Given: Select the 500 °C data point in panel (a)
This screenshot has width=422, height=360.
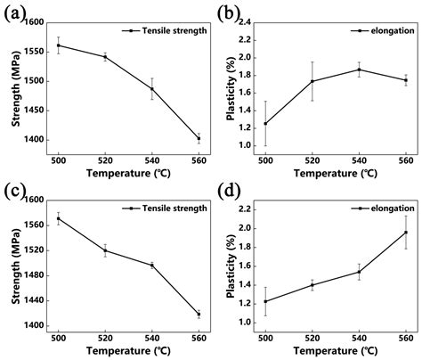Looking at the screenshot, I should click(x=59, y=45).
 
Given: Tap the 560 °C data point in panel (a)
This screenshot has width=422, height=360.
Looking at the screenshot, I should click(x=198, y=138).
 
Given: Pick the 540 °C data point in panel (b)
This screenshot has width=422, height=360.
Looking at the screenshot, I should click(x=359, y=70).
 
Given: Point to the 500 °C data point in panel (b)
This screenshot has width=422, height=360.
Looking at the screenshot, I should click(x=265, y=124).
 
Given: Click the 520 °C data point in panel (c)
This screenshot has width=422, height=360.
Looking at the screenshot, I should click(x=105, y=250).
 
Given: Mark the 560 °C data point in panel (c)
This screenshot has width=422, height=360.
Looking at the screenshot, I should click(x=198, y=314).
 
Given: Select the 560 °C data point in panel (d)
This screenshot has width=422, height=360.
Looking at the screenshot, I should click(x=405, y=233).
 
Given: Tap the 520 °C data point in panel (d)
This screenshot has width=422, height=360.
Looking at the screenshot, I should click(x=312, y=285).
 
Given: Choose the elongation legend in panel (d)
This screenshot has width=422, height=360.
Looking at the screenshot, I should click(x=383, y=209).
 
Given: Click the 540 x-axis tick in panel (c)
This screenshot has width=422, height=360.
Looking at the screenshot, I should click(x=151, y=340).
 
